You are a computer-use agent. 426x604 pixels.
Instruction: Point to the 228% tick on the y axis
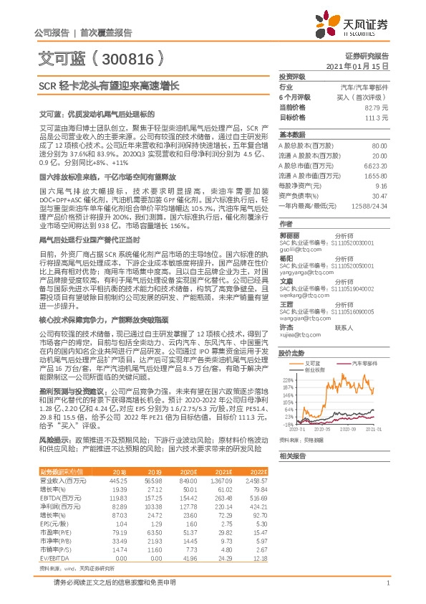pos(289,380)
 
